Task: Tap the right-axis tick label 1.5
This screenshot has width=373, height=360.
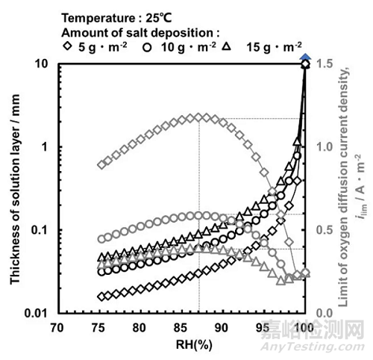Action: point(322,64)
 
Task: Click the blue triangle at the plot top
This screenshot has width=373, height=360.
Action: point(304,58)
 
